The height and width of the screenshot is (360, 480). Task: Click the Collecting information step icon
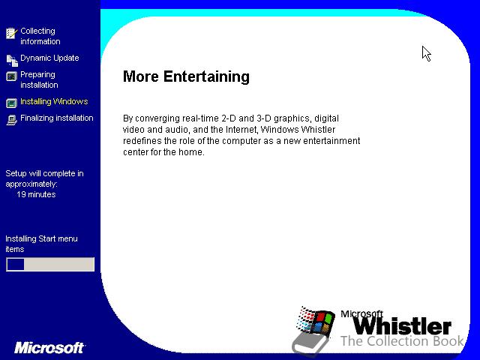click(x=12, y=33)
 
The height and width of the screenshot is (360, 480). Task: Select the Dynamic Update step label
click(x=49, y=58)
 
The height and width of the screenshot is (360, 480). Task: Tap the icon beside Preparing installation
click(x=12, y=76)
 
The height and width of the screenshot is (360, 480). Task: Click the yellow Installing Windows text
click(x=54, y=101)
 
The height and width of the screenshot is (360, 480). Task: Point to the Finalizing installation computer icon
click(x=12, y=120)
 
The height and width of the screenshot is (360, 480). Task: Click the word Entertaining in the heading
click(x=206, y=76)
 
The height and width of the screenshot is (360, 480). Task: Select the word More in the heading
click(x=141, y=76)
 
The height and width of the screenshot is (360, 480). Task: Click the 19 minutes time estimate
click(x=36, y=194)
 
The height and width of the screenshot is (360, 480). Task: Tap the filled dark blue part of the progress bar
click(x=15, y=264)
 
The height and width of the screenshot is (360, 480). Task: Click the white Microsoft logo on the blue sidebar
click(x=49, y=348)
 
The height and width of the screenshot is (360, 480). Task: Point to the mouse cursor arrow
click(x=426, y=53)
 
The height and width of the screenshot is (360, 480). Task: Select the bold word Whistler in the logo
click(x=402, y=326)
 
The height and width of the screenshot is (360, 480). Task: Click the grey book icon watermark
click(x=310, y=343)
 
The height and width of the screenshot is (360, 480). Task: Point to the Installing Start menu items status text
click(x=41, y=244)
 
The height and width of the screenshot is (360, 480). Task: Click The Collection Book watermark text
click(x=402, y=341)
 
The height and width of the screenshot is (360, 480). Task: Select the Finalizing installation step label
click(x=57, y=118)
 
